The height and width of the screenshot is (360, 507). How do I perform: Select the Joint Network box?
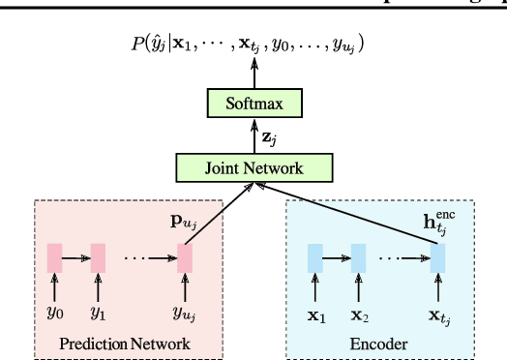(253, 167)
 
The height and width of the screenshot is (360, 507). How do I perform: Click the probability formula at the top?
(253, 44)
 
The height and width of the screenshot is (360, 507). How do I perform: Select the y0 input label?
(55, 312)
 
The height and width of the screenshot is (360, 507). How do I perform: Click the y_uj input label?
(184, 313)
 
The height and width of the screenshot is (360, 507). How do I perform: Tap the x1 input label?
(314, 312)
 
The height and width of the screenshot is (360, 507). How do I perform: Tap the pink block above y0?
(55, 258)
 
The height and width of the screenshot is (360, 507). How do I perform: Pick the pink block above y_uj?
(183, 258)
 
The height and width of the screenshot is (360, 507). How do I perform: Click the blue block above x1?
(314, 258)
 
